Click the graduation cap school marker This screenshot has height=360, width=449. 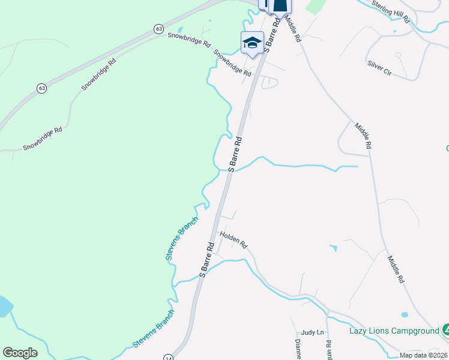(252, 43)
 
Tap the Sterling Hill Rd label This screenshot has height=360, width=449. (391, 11)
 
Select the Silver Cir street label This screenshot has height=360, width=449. (379, 67)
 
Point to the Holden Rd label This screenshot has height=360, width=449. (234, 240)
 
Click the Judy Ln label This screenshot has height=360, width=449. (312, 332)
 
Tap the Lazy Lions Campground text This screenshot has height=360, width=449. (394, 331)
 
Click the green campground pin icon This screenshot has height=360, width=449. (445, 329)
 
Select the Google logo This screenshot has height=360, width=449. (20, 353)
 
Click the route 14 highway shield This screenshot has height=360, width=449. (168, 357)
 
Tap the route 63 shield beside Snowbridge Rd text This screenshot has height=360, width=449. (158, 28)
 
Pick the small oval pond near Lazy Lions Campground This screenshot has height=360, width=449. (405, 314)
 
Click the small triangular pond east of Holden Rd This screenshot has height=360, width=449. (333, 247)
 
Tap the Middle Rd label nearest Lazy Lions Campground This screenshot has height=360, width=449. (395, 269)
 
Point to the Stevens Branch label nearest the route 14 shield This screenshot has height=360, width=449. (154, 328)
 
